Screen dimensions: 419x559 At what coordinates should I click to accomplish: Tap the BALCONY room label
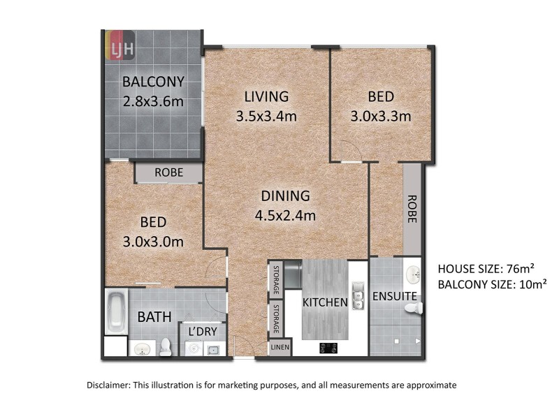click(153, 81)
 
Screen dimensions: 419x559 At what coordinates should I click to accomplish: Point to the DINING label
click(286, 196)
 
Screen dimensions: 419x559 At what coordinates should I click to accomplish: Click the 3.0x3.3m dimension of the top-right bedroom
click(380, 116)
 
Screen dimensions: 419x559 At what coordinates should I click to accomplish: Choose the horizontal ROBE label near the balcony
click(168, 172)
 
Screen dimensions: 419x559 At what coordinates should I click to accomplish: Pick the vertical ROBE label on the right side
click(411, 208)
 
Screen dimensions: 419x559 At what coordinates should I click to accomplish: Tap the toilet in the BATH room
click(166, 346)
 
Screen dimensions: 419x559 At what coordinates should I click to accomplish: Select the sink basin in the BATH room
click(142, 348)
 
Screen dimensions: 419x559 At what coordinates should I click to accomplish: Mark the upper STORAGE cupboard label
click(277, 279)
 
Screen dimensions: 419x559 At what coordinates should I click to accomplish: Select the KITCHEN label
click(325, 302)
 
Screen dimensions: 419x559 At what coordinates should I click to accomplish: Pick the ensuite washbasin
click(413, 274)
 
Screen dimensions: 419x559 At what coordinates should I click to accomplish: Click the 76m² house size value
click(518, 268)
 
